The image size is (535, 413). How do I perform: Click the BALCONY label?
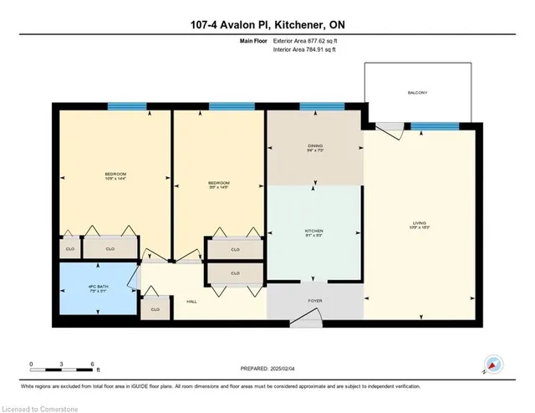(418, 93)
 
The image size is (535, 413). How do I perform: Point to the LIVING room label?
(419, 223)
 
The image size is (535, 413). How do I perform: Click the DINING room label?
(314, 147)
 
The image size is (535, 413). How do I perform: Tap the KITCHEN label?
(314, 232)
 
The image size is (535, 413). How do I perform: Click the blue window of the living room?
(428, 126)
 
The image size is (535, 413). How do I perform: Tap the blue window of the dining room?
(316, 106)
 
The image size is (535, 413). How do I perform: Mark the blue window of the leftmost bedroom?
(127, 106)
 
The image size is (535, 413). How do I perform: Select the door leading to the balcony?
(387, 127)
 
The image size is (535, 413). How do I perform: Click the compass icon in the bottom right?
(492, 365)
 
